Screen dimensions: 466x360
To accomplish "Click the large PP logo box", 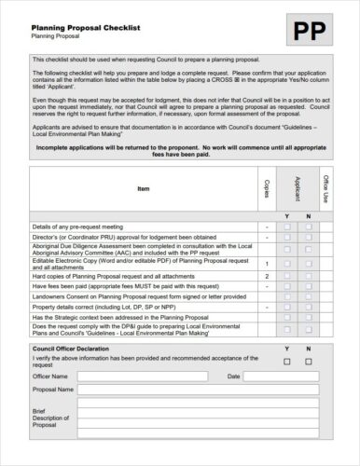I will (316, 32).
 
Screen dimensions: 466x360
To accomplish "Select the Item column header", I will (143, 189).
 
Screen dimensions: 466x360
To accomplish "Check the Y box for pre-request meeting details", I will (286, 226).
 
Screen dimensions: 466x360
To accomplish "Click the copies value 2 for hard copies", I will (267, 277).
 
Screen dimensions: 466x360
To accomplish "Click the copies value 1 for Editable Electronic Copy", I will (267, 264).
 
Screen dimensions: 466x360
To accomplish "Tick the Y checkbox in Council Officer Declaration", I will (286, 361).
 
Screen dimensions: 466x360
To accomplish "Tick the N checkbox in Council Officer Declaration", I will (309, 361).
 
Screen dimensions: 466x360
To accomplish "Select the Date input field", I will (289, 377).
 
